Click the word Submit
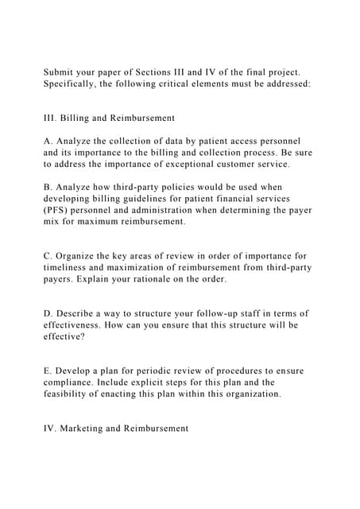coord(60,72)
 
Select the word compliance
coord(73,383)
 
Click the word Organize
coord(77,256)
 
